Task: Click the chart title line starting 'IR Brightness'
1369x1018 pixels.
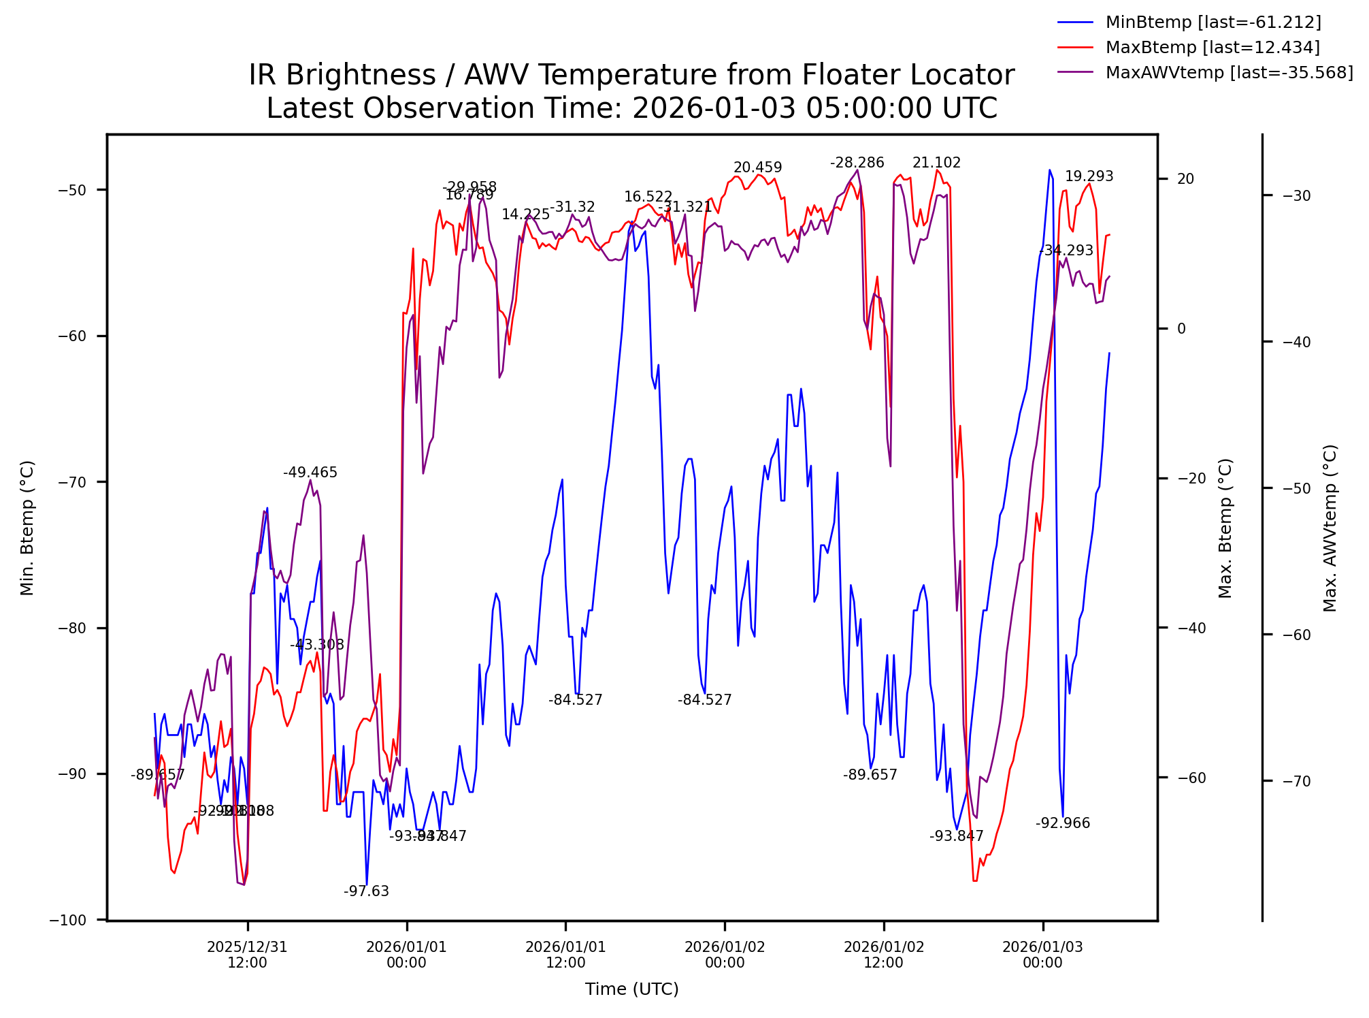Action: pos(631,75)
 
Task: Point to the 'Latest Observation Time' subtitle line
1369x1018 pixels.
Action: pos(631,108)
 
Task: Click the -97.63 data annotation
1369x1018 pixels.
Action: pos(366,891)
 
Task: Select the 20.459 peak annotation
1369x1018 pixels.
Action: pos(757,168)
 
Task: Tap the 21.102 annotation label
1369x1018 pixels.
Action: pos(936,163)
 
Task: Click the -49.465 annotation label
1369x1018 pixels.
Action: pos(310,473)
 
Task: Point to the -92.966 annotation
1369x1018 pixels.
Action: pos(1062,823)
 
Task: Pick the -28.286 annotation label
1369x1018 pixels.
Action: pos(857,163)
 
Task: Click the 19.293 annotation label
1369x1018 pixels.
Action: pos(1089,176)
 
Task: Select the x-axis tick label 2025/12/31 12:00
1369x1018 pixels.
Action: pos(247,955)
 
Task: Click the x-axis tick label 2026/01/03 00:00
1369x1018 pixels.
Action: pos(1042,955)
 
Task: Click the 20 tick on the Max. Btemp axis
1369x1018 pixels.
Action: pos(1185,179)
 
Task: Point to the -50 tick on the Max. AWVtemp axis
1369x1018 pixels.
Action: pos(1296,488)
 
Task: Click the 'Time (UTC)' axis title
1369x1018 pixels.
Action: pos(631,989)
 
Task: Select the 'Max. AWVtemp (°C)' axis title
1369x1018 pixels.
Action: pos(1330,528)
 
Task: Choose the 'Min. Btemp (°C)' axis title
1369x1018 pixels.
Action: pos(27,528)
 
